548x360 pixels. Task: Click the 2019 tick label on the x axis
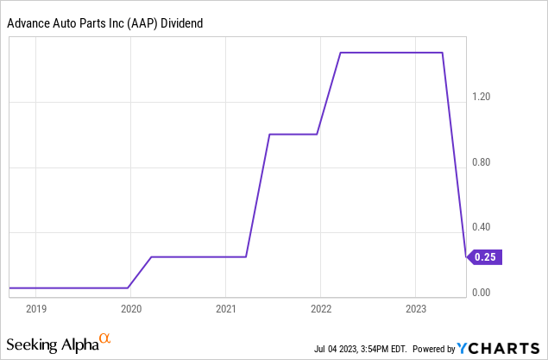(x=35, y=308)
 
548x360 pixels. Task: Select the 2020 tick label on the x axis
(x=130, y=308)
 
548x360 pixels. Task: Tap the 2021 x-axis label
(x=225, y=308)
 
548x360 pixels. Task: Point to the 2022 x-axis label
(x=320, y=308)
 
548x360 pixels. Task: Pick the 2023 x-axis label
(x=415, y=308)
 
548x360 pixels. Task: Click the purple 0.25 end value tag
(x=486, y=256)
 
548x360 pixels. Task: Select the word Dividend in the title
(x=182, y=24)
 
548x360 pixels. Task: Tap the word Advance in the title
(x=28, y=24)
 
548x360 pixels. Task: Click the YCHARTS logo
(x=500, y=348)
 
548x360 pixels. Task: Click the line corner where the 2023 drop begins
(x=443, y=53)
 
